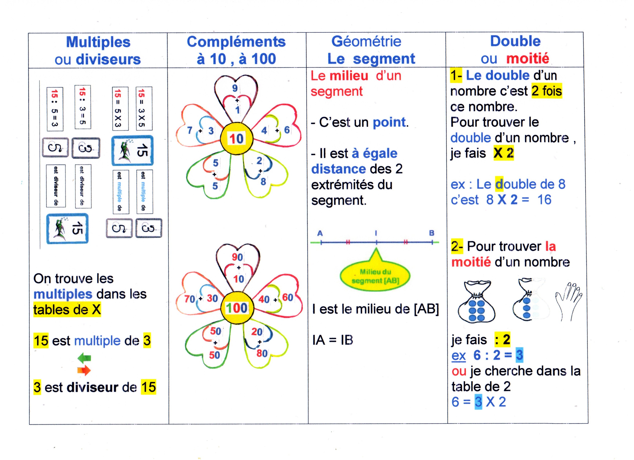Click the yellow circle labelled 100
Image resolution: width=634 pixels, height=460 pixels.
tap(237, 308)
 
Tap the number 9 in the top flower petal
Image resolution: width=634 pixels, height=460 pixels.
tap(235, 88)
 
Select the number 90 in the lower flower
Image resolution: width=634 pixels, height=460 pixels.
tap(237, 257)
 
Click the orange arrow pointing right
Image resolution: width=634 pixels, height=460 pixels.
tap(84, 370)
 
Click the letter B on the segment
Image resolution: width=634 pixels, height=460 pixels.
tap(432, 233)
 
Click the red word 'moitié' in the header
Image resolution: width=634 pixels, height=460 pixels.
tap(528, 59)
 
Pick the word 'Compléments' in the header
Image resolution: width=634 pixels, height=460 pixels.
tap(236, 42)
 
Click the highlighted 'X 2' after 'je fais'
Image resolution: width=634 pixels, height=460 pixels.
tap(503, 153)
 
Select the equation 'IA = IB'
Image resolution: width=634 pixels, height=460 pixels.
tap(333, 340)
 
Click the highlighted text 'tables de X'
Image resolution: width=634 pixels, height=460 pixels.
tap(67, 310)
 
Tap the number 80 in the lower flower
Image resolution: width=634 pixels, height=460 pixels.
tap(262, 353)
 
